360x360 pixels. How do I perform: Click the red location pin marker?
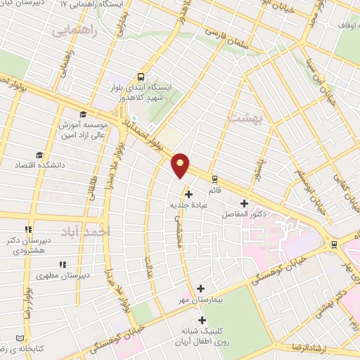pos(181,165)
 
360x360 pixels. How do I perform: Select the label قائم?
pos(215,191)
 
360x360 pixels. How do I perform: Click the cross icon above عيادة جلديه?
pos(188,194)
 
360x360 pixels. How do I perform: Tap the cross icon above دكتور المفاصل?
pos(244,203)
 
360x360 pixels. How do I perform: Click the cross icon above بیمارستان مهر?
pos(201,288)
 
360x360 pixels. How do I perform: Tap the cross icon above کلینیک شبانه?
pos(202,321)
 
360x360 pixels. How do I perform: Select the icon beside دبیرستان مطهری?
pos(62,265)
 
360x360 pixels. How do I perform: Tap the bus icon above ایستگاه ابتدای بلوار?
pos(142,77)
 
